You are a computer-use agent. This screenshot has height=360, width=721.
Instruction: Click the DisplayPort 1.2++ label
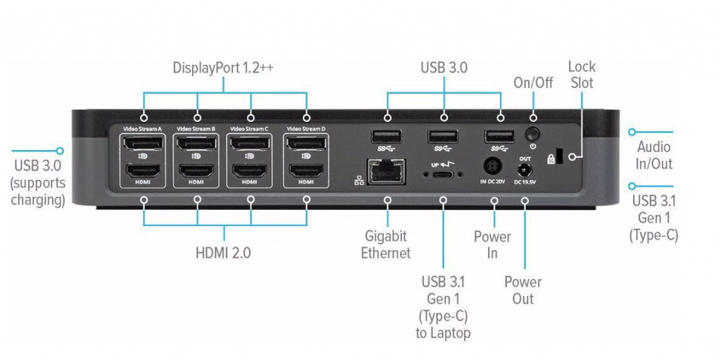(224, 68)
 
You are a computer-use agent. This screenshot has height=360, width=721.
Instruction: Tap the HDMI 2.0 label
(223, 252)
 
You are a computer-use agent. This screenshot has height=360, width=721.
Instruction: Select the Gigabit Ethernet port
(386, 169)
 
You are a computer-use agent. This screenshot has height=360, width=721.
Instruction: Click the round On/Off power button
(533, 132)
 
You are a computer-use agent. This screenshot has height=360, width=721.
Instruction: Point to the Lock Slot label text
(582, 74)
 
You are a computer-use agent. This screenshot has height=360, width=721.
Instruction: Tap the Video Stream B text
(196, 129)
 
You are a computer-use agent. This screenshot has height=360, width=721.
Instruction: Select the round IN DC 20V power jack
(494, 168)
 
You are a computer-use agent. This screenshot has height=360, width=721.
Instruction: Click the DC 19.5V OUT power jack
(525, 170)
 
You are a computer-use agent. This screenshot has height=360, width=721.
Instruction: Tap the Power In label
(492, 244)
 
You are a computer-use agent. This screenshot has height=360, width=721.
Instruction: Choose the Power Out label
(523, 290)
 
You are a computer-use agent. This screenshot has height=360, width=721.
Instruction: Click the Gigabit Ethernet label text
(386, 244)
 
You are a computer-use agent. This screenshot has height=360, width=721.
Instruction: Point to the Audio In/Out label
(654, 156)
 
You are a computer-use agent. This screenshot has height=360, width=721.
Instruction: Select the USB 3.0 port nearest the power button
(500, 137)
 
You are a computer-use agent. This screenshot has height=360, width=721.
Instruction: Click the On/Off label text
(532, 82)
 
